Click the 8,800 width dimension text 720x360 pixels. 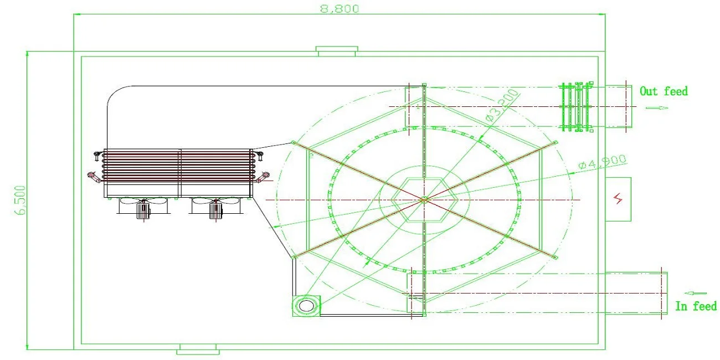click(x=340, y=8)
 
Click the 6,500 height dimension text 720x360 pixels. click(x=20, y=200)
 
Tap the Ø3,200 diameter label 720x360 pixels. click(x=502, y=105)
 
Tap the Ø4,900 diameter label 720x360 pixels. click(x=602, y=162)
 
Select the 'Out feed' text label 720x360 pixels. click(x=664, y=91)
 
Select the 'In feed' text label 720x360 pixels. click(x=696, y=306)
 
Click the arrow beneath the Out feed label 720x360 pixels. click(x=657, y=107)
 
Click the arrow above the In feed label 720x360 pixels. click(x=695, y=293)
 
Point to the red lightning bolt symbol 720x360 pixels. click(x=618, y=199)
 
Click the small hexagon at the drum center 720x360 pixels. click(x=424, y=200)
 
